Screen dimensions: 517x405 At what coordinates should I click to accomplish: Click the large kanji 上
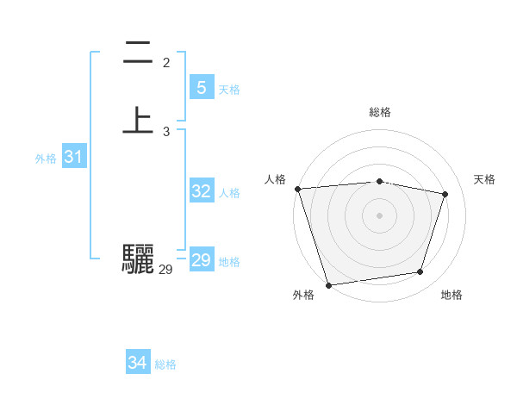pyautogui.click(x=137, y=120)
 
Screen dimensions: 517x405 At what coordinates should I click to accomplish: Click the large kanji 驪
pyautogui.click(x=137, y=259)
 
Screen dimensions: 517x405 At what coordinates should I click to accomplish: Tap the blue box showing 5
pyautogui.click(x=201, y=87)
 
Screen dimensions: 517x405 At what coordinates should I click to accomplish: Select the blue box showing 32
pyautogui.click(x=201, y=191)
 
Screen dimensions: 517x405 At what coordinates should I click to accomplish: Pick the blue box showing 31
pyautogui.click(x=73, y=157)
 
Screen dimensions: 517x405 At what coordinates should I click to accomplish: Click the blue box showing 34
pyautogui.click(x=137, y=363)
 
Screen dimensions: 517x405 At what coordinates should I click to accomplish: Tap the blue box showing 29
pyautogui.click(x=201, y=260)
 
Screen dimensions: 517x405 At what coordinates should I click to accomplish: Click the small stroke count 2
pyautogui.click(x=166, y=63)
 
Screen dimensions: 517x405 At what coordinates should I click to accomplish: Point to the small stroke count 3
pyautogui.click(x=166, y=132)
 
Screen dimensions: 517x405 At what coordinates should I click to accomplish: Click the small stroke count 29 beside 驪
pyautogui.click(x=165, y=270)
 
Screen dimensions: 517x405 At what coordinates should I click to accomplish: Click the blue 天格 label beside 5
pyautogui.click(x=229, y=90)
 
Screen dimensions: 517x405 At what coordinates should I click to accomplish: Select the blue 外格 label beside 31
pyautogui.click(x=46, y=159)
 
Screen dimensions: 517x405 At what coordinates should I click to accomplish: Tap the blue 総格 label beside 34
pyautogui.click(x=165, y=364)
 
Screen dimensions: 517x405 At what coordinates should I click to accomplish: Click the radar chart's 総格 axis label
pyautogui.click(x=379, y=112)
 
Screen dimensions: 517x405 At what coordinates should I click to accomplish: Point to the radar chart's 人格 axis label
pyautogui.click(x=276, y=179)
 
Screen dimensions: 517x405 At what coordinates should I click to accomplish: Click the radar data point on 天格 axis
pyautogui.click(x=445, y=194)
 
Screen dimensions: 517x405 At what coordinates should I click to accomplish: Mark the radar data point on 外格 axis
pyautogui.click(x=328, y=284)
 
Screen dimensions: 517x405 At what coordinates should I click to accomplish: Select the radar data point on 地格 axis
pyautogui.click(x=420, y=272)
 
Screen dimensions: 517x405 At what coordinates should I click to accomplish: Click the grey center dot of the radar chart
pyautogui.click(x=379, y=215)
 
